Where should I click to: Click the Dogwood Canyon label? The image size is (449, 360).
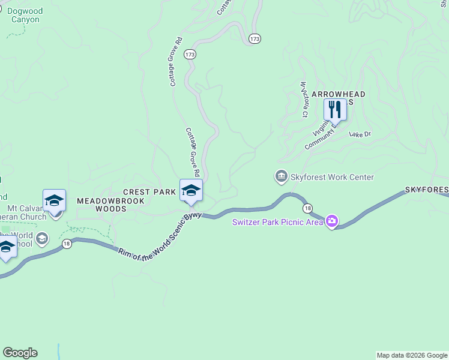[25, 15]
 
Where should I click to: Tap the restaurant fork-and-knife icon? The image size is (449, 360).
[335, 109]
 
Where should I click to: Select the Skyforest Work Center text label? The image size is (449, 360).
[332, 177]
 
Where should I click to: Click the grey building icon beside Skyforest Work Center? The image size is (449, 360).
[281, 176]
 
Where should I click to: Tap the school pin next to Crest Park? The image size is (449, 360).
[191, 190]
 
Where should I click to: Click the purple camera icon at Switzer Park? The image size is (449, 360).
[331, 222]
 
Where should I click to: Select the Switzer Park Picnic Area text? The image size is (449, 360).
[277, 223]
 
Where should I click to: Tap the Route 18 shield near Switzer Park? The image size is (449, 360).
[308, 208]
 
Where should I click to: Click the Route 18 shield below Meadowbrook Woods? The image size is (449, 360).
[66, 243]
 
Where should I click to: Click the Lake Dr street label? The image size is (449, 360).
[360, 134]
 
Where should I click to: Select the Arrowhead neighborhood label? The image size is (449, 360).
[339, 95]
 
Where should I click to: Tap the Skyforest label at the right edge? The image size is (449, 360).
[426, 190]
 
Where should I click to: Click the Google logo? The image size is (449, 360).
[20, 353]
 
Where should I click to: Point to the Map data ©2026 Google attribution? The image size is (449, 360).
[412, 355]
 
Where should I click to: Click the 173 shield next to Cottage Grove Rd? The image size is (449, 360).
[190, 55]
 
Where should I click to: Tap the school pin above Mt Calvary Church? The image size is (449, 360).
[54, 200]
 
